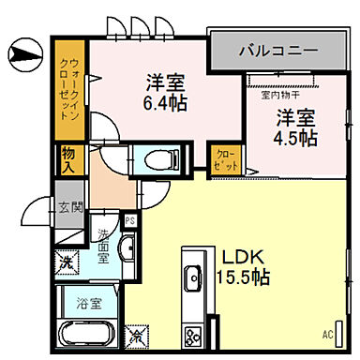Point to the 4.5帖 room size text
[295, 137]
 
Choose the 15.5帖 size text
[246, 277]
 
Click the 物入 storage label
[68, 158]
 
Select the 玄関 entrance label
[67, 209]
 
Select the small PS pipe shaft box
[131, 221]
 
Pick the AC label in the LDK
[328, 333]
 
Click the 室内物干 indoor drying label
[279, 95]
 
